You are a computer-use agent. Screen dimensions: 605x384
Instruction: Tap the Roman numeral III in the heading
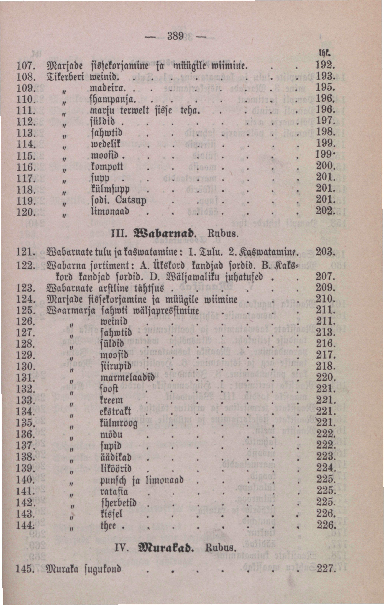pyautogui.click(x=118, y=234)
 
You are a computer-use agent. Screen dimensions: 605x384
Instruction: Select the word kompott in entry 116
pyautogui.click(x=107, y=167)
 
